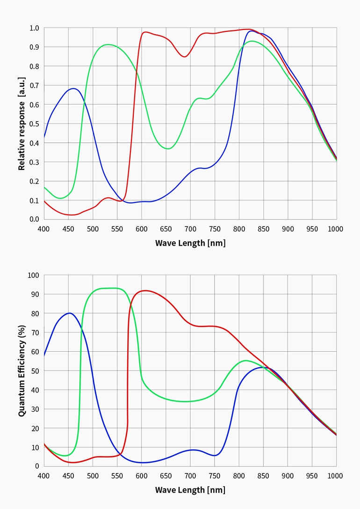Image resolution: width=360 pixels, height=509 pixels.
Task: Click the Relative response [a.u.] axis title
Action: coord(22,124)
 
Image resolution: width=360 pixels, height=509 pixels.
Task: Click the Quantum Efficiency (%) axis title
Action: coord(22,371)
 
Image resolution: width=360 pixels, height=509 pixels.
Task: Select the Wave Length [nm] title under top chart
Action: coord(190,243)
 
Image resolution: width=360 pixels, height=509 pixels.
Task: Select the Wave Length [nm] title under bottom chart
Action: coord(190,490)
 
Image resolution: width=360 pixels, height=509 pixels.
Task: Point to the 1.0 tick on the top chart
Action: coord(34,28)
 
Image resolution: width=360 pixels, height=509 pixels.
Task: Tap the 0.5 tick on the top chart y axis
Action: coord(34,124)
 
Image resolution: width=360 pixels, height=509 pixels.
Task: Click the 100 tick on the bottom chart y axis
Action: coord(33,275)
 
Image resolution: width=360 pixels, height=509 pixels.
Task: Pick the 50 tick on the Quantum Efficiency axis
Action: coord(34,371)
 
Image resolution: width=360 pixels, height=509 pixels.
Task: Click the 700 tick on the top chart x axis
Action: coord(190,229)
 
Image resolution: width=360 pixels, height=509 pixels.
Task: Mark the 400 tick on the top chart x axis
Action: coord(44,229)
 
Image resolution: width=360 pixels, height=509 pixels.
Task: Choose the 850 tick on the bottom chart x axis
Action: coord(263,476)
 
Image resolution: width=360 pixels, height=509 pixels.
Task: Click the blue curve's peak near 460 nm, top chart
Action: coord(74,88)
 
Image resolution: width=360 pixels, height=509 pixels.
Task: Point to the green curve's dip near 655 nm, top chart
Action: coord(168,148)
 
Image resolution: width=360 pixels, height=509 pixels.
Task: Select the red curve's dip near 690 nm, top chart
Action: coord(185,57)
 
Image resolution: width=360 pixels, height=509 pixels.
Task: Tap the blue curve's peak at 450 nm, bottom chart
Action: coord(69,313)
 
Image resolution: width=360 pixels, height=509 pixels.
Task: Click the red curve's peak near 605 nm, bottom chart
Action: coord(144,291)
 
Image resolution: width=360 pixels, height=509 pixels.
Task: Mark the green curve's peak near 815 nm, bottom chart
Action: coord(246,360)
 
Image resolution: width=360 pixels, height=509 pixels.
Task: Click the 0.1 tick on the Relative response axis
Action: coord(34,200)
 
